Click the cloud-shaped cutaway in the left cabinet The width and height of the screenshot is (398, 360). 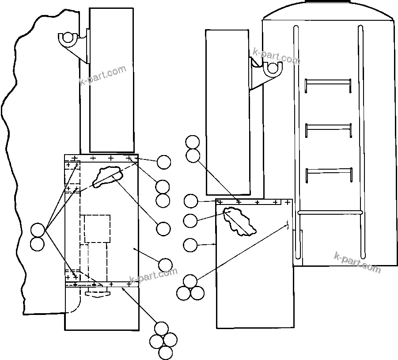(x=107, y=175)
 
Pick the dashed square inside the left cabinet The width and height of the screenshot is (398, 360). (x=97, y=228)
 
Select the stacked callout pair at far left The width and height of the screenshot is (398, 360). (x=38, y=237)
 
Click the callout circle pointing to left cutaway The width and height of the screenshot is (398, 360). (x=163, y=228)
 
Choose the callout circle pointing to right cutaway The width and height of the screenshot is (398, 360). (x=190, y=220)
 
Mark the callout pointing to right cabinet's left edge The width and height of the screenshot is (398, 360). (x=190, y=244)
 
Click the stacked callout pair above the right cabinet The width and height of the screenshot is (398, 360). (x=193, y=149)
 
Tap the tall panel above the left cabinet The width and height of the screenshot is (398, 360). (x=111, y=80)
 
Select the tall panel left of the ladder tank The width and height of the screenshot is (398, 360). (x=228, y=112)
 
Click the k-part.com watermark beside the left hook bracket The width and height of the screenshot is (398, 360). (x=102, y=76)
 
